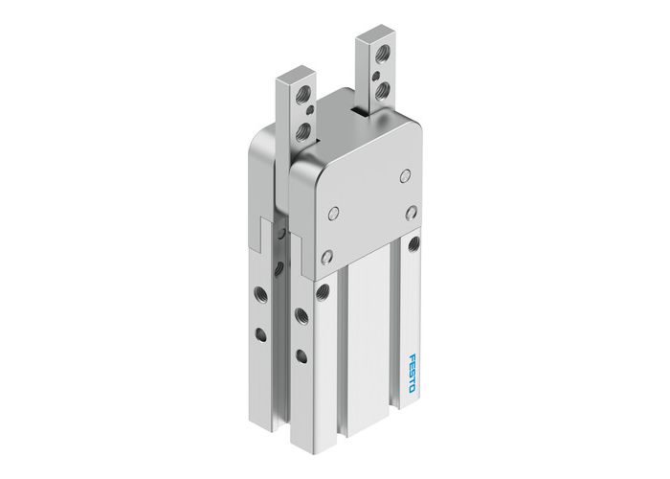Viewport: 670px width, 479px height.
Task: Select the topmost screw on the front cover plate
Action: (x=403, y=177)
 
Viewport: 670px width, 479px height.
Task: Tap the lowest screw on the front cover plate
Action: (x=326, y=257)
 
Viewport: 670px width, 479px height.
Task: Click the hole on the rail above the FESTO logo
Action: (x=413, y=244)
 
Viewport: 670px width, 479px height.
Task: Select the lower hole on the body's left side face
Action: (x=258, y=334)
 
